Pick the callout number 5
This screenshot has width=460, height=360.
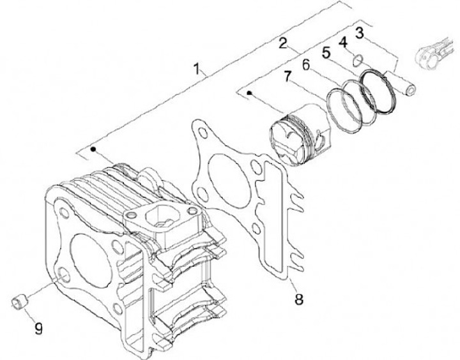pyautogui.click(x=326, y=54)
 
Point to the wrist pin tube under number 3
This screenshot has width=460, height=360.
pyautogui.click(x=403, y=82)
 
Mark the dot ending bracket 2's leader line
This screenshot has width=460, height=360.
pyautogui.click(x=249, y=93)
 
